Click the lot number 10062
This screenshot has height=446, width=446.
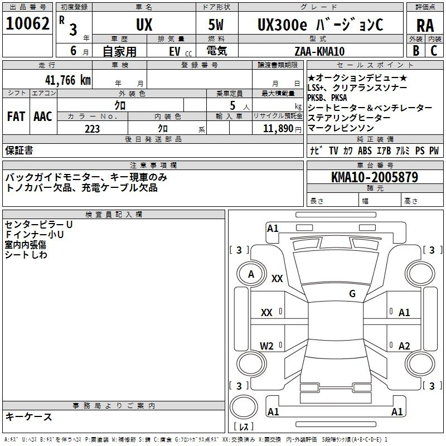[27, 23]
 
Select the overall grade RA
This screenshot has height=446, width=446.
[425, 26]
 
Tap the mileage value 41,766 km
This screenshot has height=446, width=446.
[68, 80]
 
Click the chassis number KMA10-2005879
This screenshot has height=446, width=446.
[375, 177]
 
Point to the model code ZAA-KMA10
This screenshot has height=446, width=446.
[319, 51]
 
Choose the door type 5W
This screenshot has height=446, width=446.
[216, 25]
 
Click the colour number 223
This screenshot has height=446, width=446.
[92, 129]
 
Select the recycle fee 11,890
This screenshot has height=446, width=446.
[278, 129]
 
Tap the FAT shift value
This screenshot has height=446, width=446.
[16, 117]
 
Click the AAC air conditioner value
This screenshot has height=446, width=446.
[43, 117]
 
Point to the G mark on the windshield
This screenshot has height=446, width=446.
[352, 293]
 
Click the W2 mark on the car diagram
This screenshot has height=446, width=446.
[266, 346]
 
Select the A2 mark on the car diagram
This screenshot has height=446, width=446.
[404, 346]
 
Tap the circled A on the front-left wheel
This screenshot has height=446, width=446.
[251, 274]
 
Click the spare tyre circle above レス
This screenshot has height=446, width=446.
[244, 407]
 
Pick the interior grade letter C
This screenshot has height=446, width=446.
[434, 51]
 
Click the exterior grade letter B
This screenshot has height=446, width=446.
[416, 51]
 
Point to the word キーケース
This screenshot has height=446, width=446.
[29, 416]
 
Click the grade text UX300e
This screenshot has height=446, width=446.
[282, 25]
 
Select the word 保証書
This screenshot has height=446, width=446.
[19, 150]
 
